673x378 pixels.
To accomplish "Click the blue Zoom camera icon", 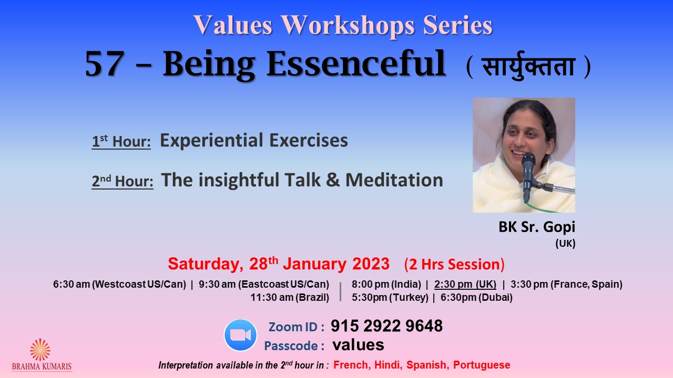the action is tap(240, 335).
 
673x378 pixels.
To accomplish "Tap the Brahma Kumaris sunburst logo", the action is tap(40, 350).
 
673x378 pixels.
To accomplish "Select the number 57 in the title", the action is tap(105, 64).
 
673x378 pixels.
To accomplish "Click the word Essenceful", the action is tap(356, 64).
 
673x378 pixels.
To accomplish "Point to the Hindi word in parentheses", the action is tap(528, 66).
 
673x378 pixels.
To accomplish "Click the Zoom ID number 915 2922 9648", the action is tap(386, 326).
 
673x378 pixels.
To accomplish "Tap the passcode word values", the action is tap(358, 345).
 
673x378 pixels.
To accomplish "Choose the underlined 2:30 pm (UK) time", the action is tap(465, 284).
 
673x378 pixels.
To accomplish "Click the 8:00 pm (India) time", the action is tap(386, 284).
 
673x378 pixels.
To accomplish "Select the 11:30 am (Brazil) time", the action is tap(290, 297).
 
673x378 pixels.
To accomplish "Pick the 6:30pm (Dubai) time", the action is tap(476, 297).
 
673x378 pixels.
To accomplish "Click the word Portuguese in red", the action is tap(482, 365).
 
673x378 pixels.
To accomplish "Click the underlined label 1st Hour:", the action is tap(121, 141).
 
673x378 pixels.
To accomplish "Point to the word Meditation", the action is tap(394, 180).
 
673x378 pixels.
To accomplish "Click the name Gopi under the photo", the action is tap(559, 227).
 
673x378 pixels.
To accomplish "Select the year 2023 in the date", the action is tap(371, 264).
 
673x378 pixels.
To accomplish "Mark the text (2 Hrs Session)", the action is tap(454, 265).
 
